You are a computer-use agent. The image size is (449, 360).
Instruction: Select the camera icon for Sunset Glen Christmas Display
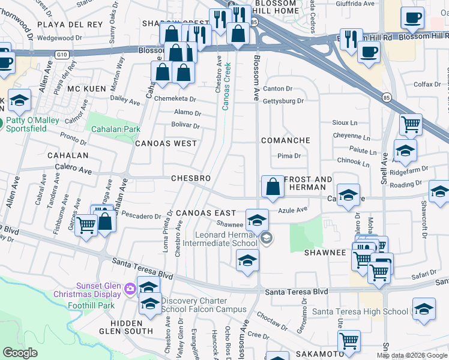pos(130,290)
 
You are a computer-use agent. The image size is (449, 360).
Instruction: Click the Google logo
pos(20,353)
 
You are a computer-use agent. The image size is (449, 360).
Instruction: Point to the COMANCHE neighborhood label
pos(286,140)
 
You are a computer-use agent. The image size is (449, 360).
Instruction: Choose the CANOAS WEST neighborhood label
pos(166,144)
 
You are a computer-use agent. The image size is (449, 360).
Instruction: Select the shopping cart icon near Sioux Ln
pos(410,125)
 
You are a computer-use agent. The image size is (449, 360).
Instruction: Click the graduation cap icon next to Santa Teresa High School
pos(424,309)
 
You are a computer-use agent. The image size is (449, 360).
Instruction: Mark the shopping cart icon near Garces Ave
pos(86,226)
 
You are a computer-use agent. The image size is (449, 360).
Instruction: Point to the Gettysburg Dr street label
pos(284,101)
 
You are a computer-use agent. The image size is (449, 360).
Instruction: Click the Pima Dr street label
pos(289,156)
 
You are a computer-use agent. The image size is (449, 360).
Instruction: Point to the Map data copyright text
pos(411,355)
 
